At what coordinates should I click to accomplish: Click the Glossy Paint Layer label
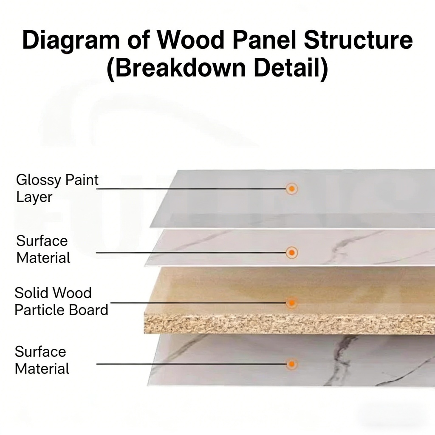click(x=57, y=188)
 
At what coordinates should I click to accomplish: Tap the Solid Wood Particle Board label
click(x=61, y=301)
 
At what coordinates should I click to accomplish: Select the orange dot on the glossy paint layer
click(x=291, y=189)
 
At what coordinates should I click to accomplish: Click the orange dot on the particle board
click(x=291, y=303)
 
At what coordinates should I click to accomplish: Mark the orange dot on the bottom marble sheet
click(x=291, y=364)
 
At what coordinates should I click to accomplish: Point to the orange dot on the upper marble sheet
click(x=291, y=253)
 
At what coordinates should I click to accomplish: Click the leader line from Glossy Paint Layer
click(x=191, y=189)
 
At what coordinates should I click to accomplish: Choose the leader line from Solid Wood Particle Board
click(x=195, y=303)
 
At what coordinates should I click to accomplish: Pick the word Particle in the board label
click(x=40, y=310)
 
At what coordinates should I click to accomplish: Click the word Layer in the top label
click(x=34, y=197)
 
